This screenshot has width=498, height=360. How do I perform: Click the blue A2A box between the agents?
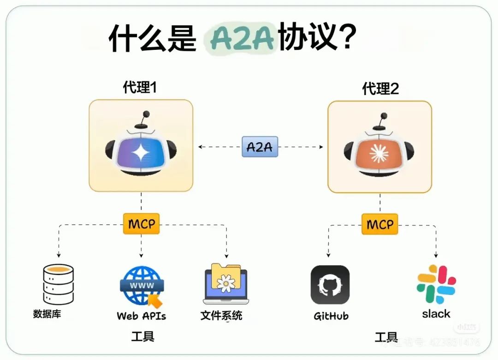[260, 147]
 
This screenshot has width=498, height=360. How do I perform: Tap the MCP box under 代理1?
[141, 224]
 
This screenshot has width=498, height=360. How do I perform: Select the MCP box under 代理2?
[380, 224]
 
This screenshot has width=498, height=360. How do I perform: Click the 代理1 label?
[140, 87]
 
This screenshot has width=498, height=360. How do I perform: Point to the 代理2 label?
[380, 88]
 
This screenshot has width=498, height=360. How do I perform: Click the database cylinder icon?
[58, 284]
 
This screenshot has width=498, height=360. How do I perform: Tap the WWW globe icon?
[141, 286]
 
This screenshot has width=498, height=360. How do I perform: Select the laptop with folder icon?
[226, 284]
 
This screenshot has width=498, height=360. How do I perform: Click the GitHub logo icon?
[330, 285]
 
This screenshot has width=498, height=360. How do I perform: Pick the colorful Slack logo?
[436, 284]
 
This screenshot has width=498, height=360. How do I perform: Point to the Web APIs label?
[141, 316]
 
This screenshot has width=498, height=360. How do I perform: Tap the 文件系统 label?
[221, 315]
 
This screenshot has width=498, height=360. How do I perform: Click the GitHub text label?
[331, 316]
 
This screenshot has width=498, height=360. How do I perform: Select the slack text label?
[436, 314]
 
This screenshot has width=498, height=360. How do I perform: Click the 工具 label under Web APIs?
[142, 336]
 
